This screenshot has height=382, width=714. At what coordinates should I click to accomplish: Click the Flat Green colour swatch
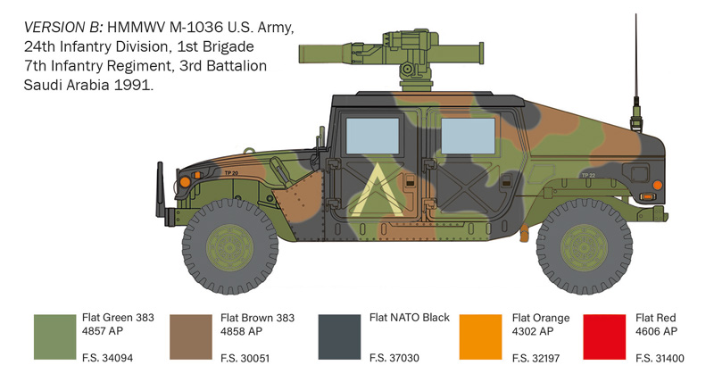(x=54, y=337)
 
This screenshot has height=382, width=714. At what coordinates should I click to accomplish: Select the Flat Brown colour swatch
(x=193, y=337)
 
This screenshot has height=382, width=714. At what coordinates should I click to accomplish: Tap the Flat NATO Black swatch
(x=341, y=337)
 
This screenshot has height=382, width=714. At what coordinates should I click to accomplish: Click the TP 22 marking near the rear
(x=586, y=176)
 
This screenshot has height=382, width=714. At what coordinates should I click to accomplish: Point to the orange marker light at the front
(x=185, y=182)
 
